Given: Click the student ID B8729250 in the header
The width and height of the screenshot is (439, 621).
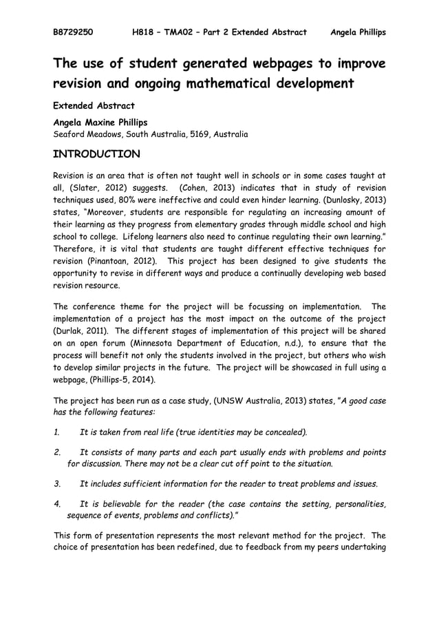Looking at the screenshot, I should click(x=74, y=32).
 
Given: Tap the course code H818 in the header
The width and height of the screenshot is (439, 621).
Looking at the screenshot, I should click(x=145, y=32).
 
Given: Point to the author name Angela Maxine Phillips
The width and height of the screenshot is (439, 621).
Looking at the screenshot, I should click(x=100, y=122).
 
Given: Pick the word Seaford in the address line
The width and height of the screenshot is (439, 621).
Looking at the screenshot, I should click(x=70, y=134).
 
